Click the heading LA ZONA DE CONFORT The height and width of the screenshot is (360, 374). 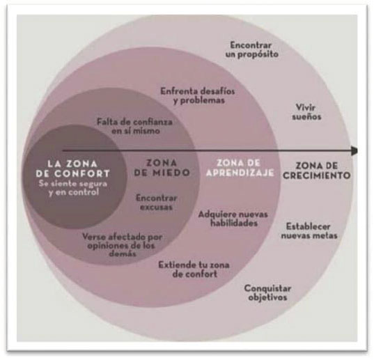click(x=72, y=169)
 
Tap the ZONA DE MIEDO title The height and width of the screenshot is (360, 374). click(x=162, y=168)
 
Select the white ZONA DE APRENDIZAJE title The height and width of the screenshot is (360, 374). click(x=240, y=168)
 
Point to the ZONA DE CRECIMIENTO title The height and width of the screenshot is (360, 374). click(x=316, y=171)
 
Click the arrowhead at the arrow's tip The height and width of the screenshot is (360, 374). click(x=354, y=150)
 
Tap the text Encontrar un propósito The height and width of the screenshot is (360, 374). click(x=251, y=49)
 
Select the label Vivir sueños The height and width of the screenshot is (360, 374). click(x=306, y=111)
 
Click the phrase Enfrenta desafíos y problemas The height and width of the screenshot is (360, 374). click(x=198, y=95)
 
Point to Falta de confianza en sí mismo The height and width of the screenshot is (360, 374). click(x=134, y=126)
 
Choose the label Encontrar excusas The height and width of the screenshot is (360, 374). click(x=157, y=203)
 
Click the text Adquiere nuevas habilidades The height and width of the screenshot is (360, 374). click(x=233, y=219)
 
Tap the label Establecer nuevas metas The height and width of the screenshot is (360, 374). click(x=309, y=230)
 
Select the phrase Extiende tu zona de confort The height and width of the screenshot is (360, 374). click(x=194, y=269)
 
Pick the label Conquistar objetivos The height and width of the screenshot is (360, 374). click(x=267, y=292)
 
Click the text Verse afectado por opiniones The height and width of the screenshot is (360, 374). click(x=123, y=241)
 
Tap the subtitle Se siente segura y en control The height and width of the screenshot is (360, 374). click(x=73, y=188)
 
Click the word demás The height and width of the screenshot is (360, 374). click(x=123, y=253)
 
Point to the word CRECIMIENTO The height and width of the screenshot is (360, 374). click(x=316, y=175)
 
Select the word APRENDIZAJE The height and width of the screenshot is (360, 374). click(x=240, y=173)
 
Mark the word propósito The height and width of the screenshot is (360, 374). click(x=258, y=54)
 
